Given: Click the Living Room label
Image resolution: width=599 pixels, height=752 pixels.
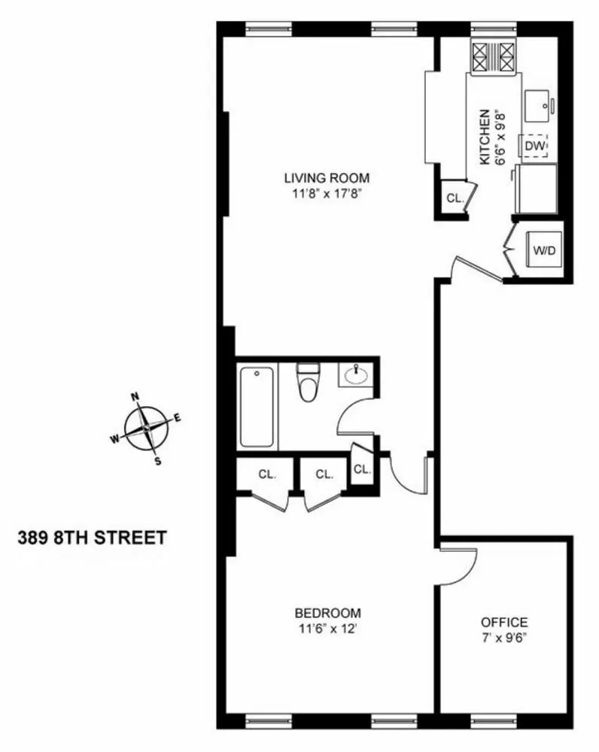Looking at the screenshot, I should (327, 178).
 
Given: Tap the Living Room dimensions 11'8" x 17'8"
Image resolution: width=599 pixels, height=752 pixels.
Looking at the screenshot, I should (327, 193).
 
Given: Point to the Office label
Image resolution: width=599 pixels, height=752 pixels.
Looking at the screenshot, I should (504, 623).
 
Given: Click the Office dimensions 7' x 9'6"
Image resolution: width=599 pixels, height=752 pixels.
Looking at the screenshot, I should (504, 637).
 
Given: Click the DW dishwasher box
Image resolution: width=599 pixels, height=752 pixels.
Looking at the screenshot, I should (534, 145).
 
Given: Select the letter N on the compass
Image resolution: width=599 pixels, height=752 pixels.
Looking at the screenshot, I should (135, 397).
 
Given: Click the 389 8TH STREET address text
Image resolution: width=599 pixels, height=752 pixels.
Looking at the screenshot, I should (91, 538).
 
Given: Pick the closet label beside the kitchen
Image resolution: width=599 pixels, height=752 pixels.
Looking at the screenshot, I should (454, 199).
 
